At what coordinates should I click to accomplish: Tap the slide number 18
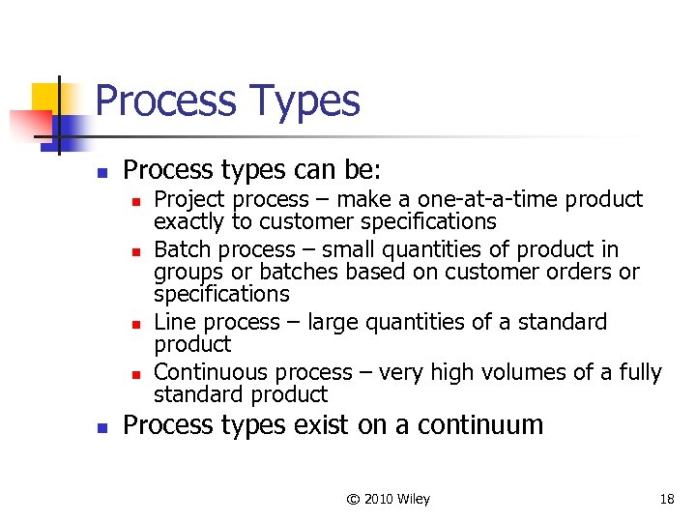point(666,499)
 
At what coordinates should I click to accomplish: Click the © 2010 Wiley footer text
point(388,499)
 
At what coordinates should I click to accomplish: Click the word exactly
point(188,221)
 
